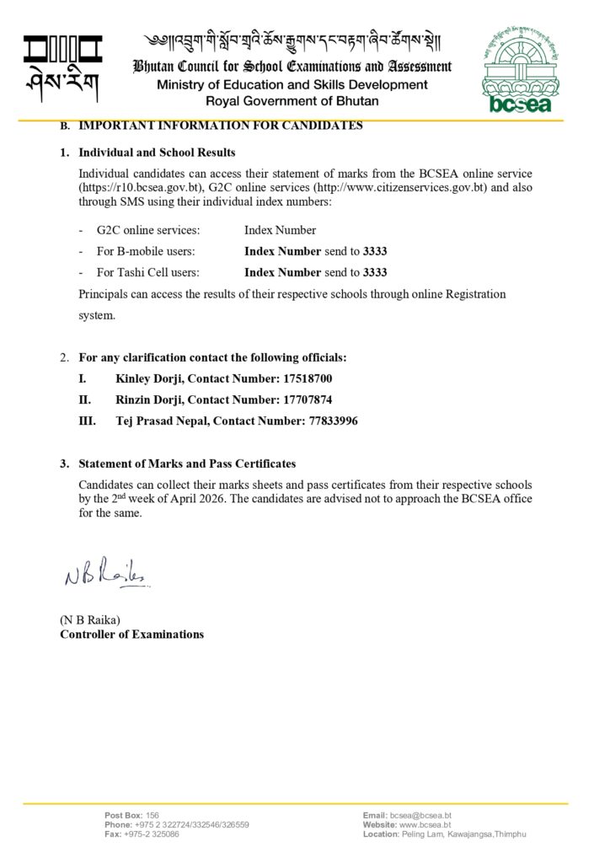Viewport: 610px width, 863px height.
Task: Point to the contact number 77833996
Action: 329,421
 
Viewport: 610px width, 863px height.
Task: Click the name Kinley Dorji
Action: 148,379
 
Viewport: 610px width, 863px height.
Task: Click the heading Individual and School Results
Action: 157,153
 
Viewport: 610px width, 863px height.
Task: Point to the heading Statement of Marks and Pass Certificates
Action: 186,464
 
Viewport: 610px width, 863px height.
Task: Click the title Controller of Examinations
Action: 131,634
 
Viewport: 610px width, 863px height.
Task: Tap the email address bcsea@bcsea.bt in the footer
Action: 420,816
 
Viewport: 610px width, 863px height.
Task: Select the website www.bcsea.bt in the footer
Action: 425,825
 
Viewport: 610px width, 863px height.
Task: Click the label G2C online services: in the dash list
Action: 147,230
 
